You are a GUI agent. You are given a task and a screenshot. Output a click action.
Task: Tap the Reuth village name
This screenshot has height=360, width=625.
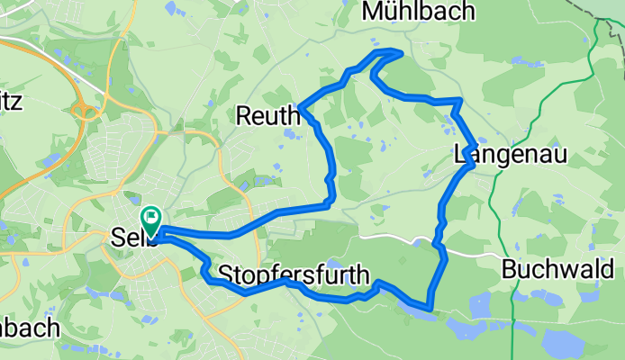[267, 115]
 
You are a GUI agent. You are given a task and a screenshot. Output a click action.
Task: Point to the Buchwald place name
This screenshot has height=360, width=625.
[557, 268]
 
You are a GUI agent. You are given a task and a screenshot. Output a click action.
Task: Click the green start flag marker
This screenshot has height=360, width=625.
[149, 217]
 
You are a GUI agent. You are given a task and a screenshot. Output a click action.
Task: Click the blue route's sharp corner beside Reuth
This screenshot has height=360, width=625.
[303, 110]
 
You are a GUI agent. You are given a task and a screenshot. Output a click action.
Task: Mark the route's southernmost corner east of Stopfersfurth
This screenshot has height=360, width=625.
[432, 309]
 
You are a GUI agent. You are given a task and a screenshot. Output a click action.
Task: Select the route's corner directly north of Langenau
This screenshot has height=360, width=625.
[459, 101]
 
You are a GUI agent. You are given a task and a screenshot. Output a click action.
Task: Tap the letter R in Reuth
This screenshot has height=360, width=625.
[244, 115]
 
